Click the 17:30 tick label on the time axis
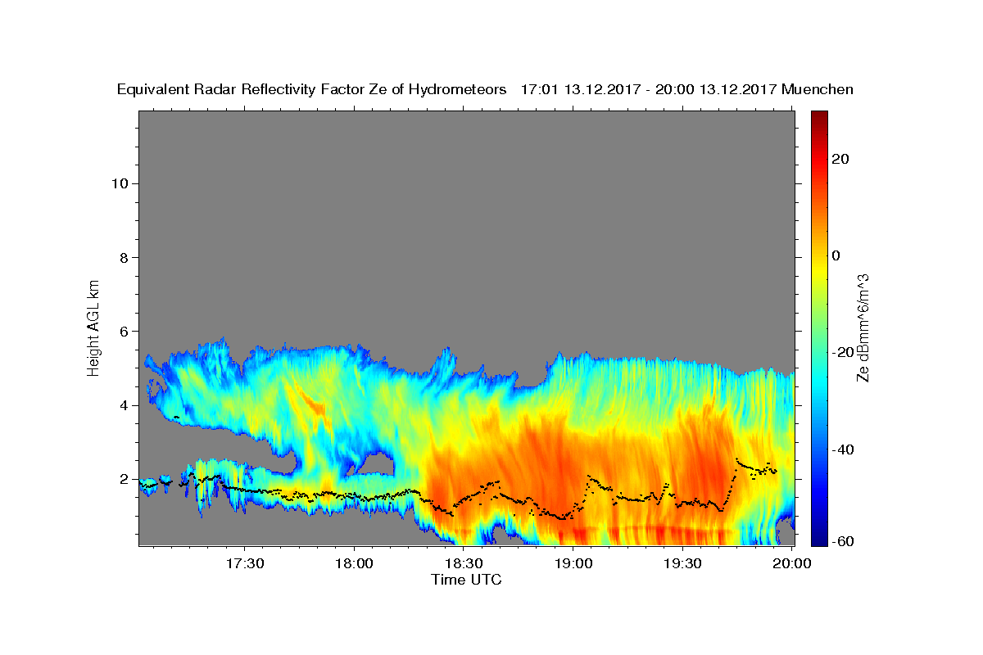pos(244,563)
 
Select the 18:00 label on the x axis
pos(354,563)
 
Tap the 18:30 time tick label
pos(464,563)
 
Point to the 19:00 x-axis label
pos(573,563)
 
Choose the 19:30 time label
pos(682,563)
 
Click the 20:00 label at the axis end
pos(791,563)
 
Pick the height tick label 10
pos(120,184)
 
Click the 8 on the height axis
pos(125,258)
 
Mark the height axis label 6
pos(125,332)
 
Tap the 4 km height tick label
pos(125,405)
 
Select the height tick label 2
pos(125,479)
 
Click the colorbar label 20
pos(840,159)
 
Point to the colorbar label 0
pos(836,255)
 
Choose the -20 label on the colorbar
pos(843,352)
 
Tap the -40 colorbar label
pos(843,449)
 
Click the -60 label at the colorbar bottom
pos(843,541)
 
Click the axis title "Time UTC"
pos(466,580)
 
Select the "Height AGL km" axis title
pos(93,328)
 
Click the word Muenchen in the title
pos(818,89)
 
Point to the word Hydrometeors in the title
pos(457,90)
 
